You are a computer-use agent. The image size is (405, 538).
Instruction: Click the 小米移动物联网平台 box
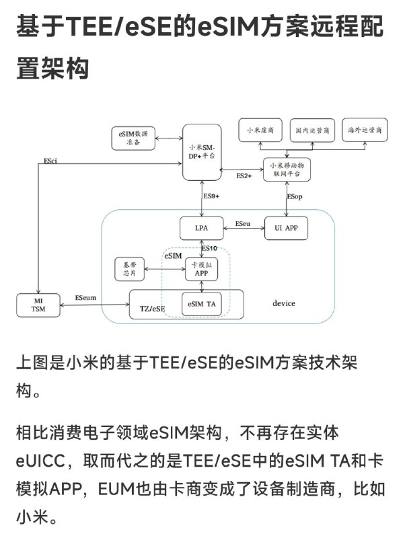pos(289,169)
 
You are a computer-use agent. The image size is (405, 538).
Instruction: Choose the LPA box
pos(201,229)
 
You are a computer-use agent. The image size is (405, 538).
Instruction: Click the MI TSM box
pos(38,305)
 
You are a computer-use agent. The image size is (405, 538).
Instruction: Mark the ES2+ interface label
pos(244,176)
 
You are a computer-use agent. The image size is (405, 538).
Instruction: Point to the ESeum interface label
pos(85,297)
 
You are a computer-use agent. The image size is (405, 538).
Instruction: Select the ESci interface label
pos(50,161)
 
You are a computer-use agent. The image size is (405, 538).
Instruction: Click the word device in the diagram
pos(283,303)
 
